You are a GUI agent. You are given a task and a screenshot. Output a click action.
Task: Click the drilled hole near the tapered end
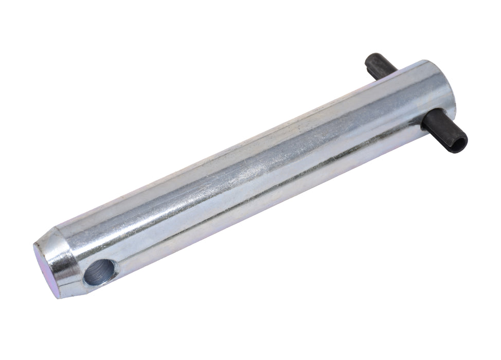[100, 271]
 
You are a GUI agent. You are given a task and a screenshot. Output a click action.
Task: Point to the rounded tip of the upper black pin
[369, 60]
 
